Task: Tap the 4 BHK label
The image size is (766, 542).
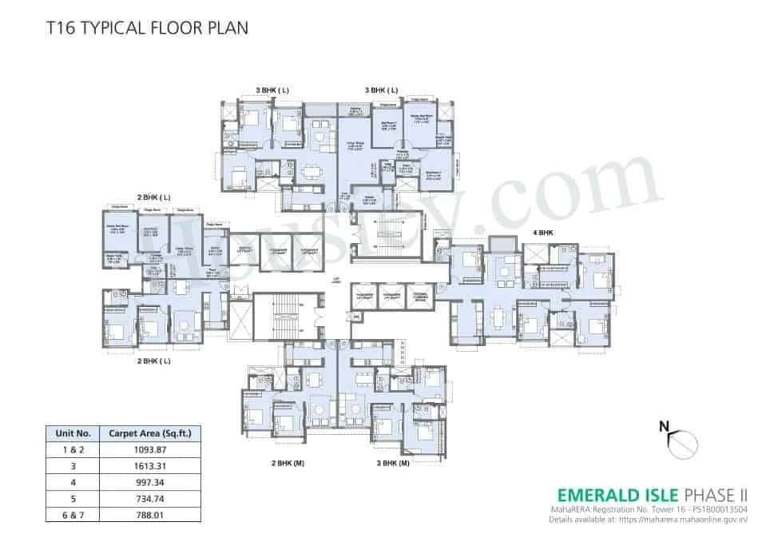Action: click(x=543, y=233)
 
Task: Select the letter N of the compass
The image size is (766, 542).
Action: click(x=663, y=426)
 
